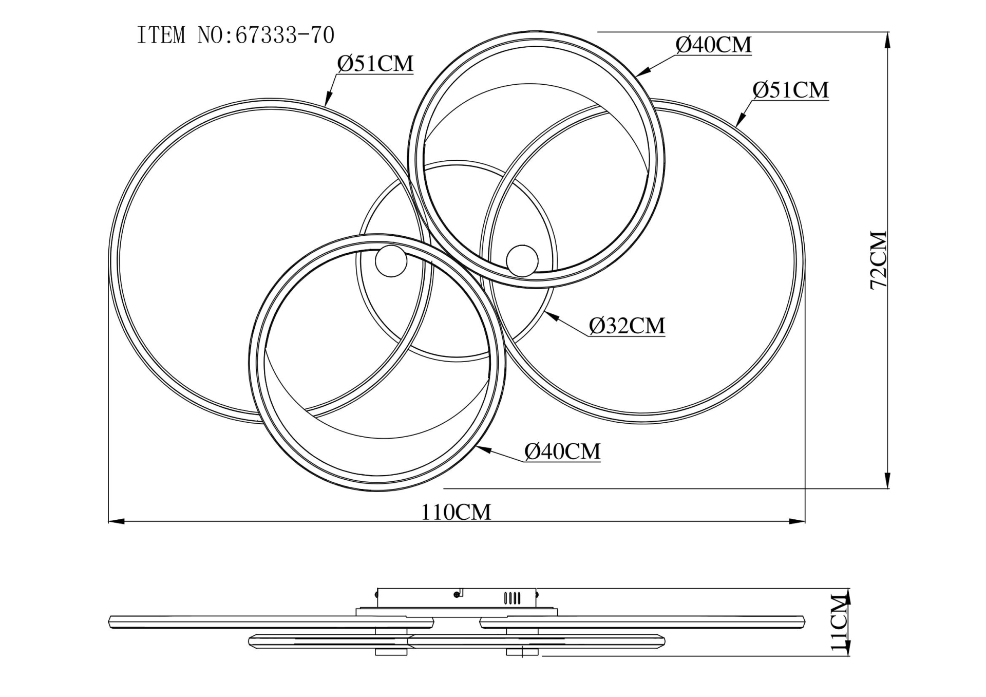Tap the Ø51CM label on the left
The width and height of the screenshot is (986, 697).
(375, 64)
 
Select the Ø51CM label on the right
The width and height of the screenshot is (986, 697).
(790, 90)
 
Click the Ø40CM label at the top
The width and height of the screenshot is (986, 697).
(713, 45)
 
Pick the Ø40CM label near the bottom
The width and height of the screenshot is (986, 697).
(562, 452)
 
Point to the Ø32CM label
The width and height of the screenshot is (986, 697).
(627, 326)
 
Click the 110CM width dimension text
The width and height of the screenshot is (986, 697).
(456, 512)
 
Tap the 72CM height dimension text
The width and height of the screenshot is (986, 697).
(879, 260)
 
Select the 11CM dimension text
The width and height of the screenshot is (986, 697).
(839, 623)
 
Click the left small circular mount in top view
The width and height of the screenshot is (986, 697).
(391, 261)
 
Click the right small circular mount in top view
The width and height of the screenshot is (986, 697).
(522, 260)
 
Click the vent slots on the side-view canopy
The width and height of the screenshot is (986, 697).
(512, 598)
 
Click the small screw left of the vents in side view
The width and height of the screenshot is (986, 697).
(456, 594)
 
